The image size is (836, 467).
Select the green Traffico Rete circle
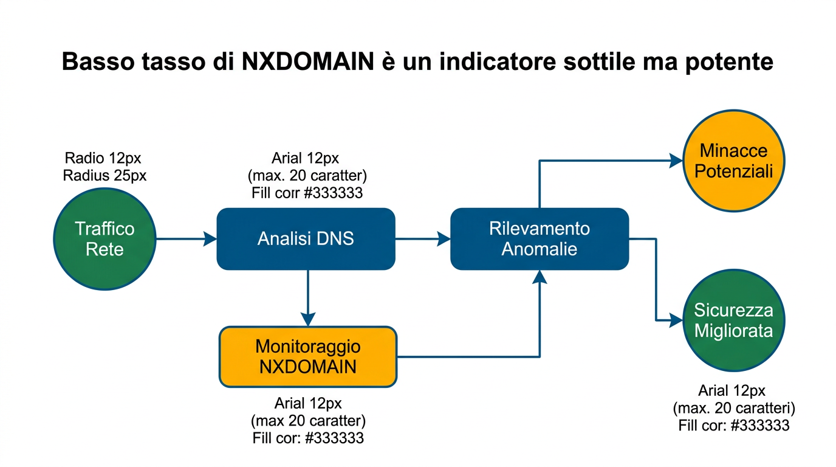[x=105, y=239]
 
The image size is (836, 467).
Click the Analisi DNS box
[x=306, y=239]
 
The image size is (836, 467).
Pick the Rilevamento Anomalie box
[x=539, y=239]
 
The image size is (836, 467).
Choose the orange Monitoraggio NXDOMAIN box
[x=308, y=357]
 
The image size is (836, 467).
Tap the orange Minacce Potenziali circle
[x=734, y=161]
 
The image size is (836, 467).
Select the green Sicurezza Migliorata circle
[x=734, y=320]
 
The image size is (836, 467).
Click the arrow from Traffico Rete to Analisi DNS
[x=186, y=240]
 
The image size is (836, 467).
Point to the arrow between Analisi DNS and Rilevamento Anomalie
[x=423, y=240]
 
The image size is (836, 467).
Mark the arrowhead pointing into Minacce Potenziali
[x=676, y=161]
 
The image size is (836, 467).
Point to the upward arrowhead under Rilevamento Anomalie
[x=540, y=277]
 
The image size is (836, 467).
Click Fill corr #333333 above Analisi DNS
[x=307, y=193]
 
